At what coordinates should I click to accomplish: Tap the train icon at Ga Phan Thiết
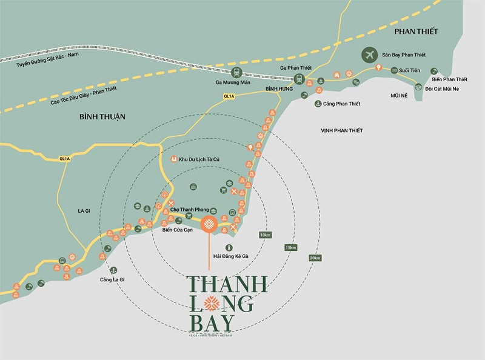(299, 79)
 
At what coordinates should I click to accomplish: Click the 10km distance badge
(264, 235)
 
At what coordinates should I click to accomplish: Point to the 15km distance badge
(290, 247)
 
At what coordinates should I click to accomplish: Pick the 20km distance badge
(314, 258)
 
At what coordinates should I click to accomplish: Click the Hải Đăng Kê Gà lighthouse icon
(229, 247)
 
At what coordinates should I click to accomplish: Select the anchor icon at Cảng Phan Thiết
(317, 104)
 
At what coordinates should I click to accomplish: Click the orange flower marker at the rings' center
(209, 224)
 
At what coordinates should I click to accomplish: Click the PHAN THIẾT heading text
(415, 31)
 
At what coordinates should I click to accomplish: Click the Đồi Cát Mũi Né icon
(418, 88)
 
